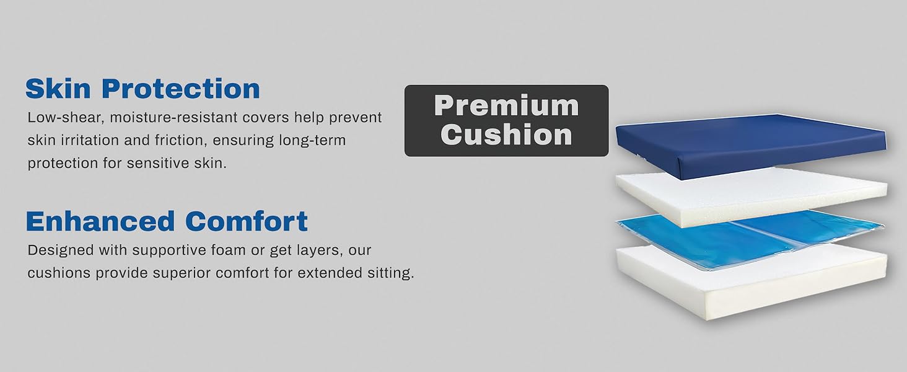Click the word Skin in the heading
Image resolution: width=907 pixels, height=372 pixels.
click(x=59, y=89)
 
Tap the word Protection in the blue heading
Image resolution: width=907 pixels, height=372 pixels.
click(x=181, y=89)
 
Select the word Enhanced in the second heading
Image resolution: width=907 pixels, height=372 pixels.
click(x=100, y=221)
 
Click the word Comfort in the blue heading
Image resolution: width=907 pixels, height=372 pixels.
click(x=246, y=221)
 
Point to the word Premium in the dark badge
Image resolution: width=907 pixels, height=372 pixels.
click(x=506, y=105)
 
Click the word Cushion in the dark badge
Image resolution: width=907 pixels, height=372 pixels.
click(x=506, y=135)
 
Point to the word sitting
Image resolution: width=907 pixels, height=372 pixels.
click(x=390, y=273)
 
